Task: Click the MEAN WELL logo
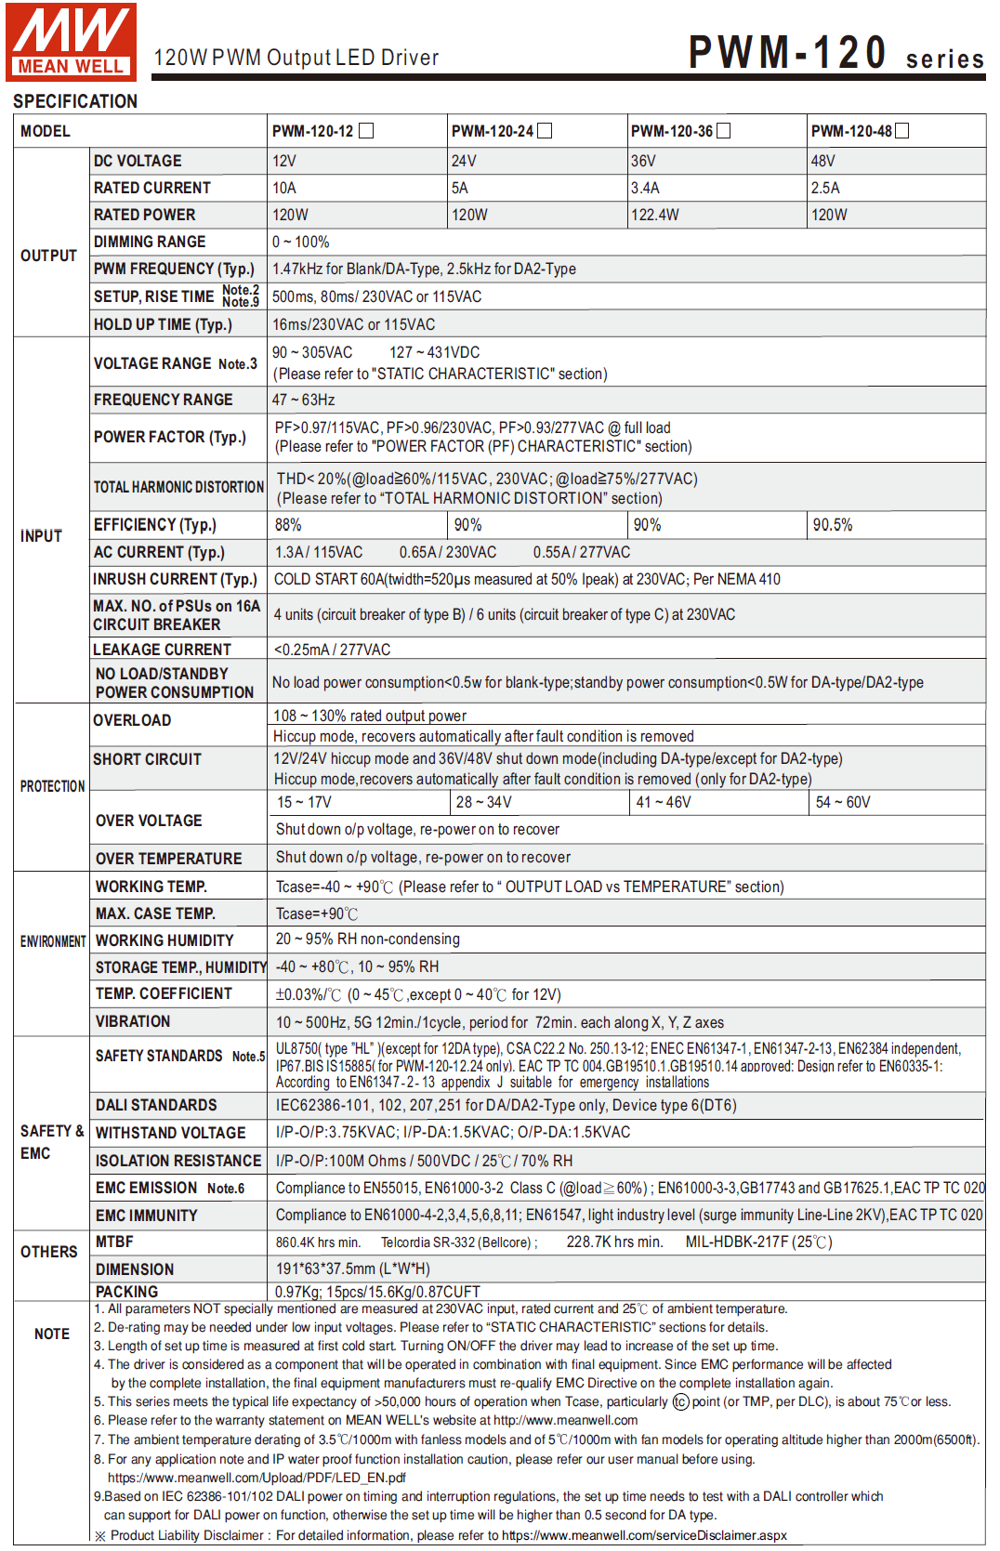coord(71,41)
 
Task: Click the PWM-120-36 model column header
coord(672,131)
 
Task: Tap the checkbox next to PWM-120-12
coord(366,131)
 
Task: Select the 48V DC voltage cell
coord(823,161)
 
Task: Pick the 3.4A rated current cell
coord(645,188)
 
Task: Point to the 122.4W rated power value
coord(655,215)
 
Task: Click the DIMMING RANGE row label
coord(150,242)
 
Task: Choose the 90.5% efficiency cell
coord(833,525)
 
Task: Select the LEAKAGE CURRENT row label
coord(162,650)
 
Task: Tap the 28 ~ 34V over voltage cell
coord(483,802)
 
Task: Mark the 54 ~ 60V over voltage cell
coord(843,802)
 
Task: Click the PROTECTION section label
coord(52,786)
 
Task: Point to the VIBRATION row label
coord(133,1021)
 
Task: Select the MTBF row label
coord(114,1242)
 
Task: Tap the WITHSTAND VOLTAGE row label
coord(170,1133)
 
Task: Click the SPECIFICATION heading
coord(75,101)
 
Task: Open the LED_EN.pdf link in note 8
coord(257,1478)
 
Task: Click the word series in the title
coord(944,59)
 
